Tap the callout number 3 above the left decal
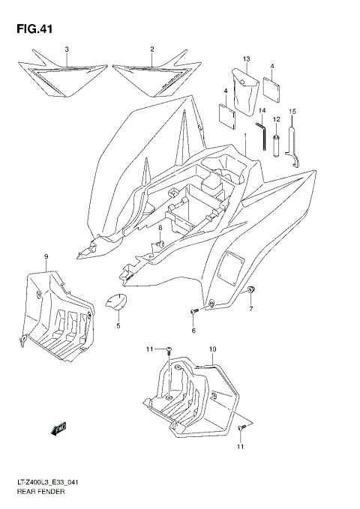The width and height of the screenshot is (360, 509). pyautogui.click(x=66, y=49)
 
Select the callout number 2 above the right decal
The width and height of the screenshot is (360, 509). pyautogui.click(x=151, y=49)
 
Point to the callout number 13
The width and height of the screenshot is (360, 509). pyautogui.click(x=245, y=58)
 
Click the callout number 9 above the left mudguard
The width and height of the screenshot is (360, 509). pyautogui.click(x=46, y=257)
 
